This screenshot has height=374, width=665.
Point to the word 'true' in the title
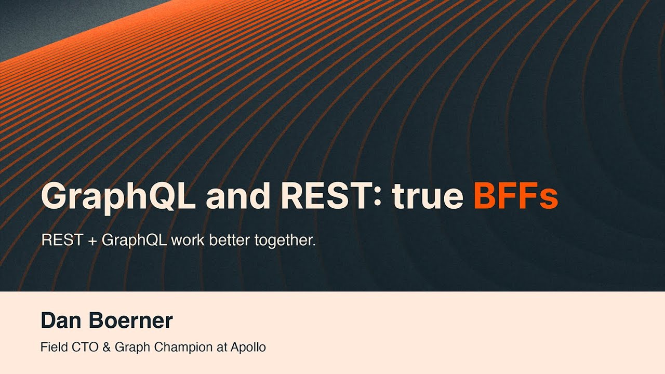(428, 195)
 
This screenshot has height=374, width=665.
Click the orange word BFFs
(515, 195)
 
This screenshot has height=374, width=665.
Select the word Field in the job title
(53, 347)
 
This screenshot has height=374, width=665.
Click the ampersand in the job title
(107, 347)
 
